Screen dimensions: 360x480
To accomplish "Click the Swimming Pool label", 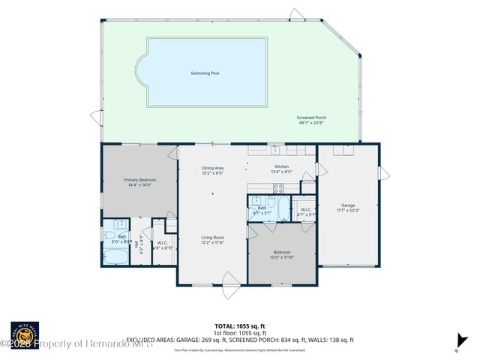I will tap(205, 73).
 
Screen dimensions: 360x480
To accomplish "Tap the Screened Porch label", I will tap(310, 120).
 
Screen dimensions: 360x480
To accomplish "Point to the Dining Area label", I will tap(212, 170).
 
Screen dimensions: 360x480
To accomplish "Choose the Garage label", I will tap(347, 206).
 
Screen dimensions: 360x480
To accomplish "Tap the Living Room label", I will tap(212, 240).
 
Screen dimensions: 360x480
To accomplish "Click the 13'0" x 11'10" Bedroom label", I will tap(281, 255).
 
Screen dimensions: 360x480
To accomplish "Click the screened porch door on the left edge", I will tap(95, 118).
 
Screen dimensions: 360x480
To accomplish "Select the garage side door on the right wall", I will tap(383, 175).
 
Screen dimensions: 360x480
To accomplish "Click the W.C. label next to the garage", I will tap(306, 212).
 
